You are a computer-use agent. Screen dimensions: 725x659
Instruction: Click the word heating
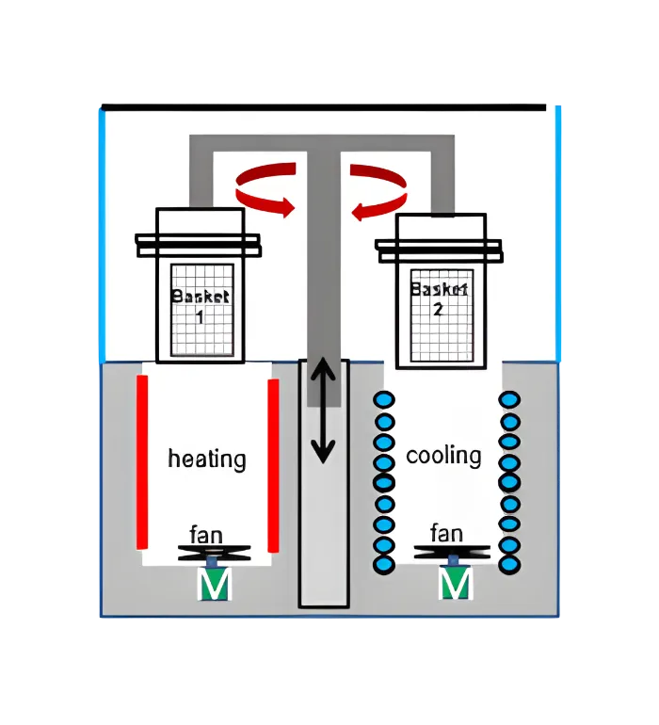207,459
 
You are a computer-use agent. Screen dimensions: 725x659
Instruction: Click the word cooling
443,456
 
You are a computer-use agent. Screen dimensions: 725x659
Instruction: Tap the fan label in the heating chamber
206,535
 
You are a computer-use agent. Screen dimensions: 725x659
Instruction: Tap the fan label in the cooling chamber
446,533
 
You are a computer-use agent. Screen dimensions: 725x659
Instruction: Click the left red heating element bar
142,461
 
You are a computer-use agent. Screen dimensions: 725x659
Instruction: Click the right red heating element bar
274,466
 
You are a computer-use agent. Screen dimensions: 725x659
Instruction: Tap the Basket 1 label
200,306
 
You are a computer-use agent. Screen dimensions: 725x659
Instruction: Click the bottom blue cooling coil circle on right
509,565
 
